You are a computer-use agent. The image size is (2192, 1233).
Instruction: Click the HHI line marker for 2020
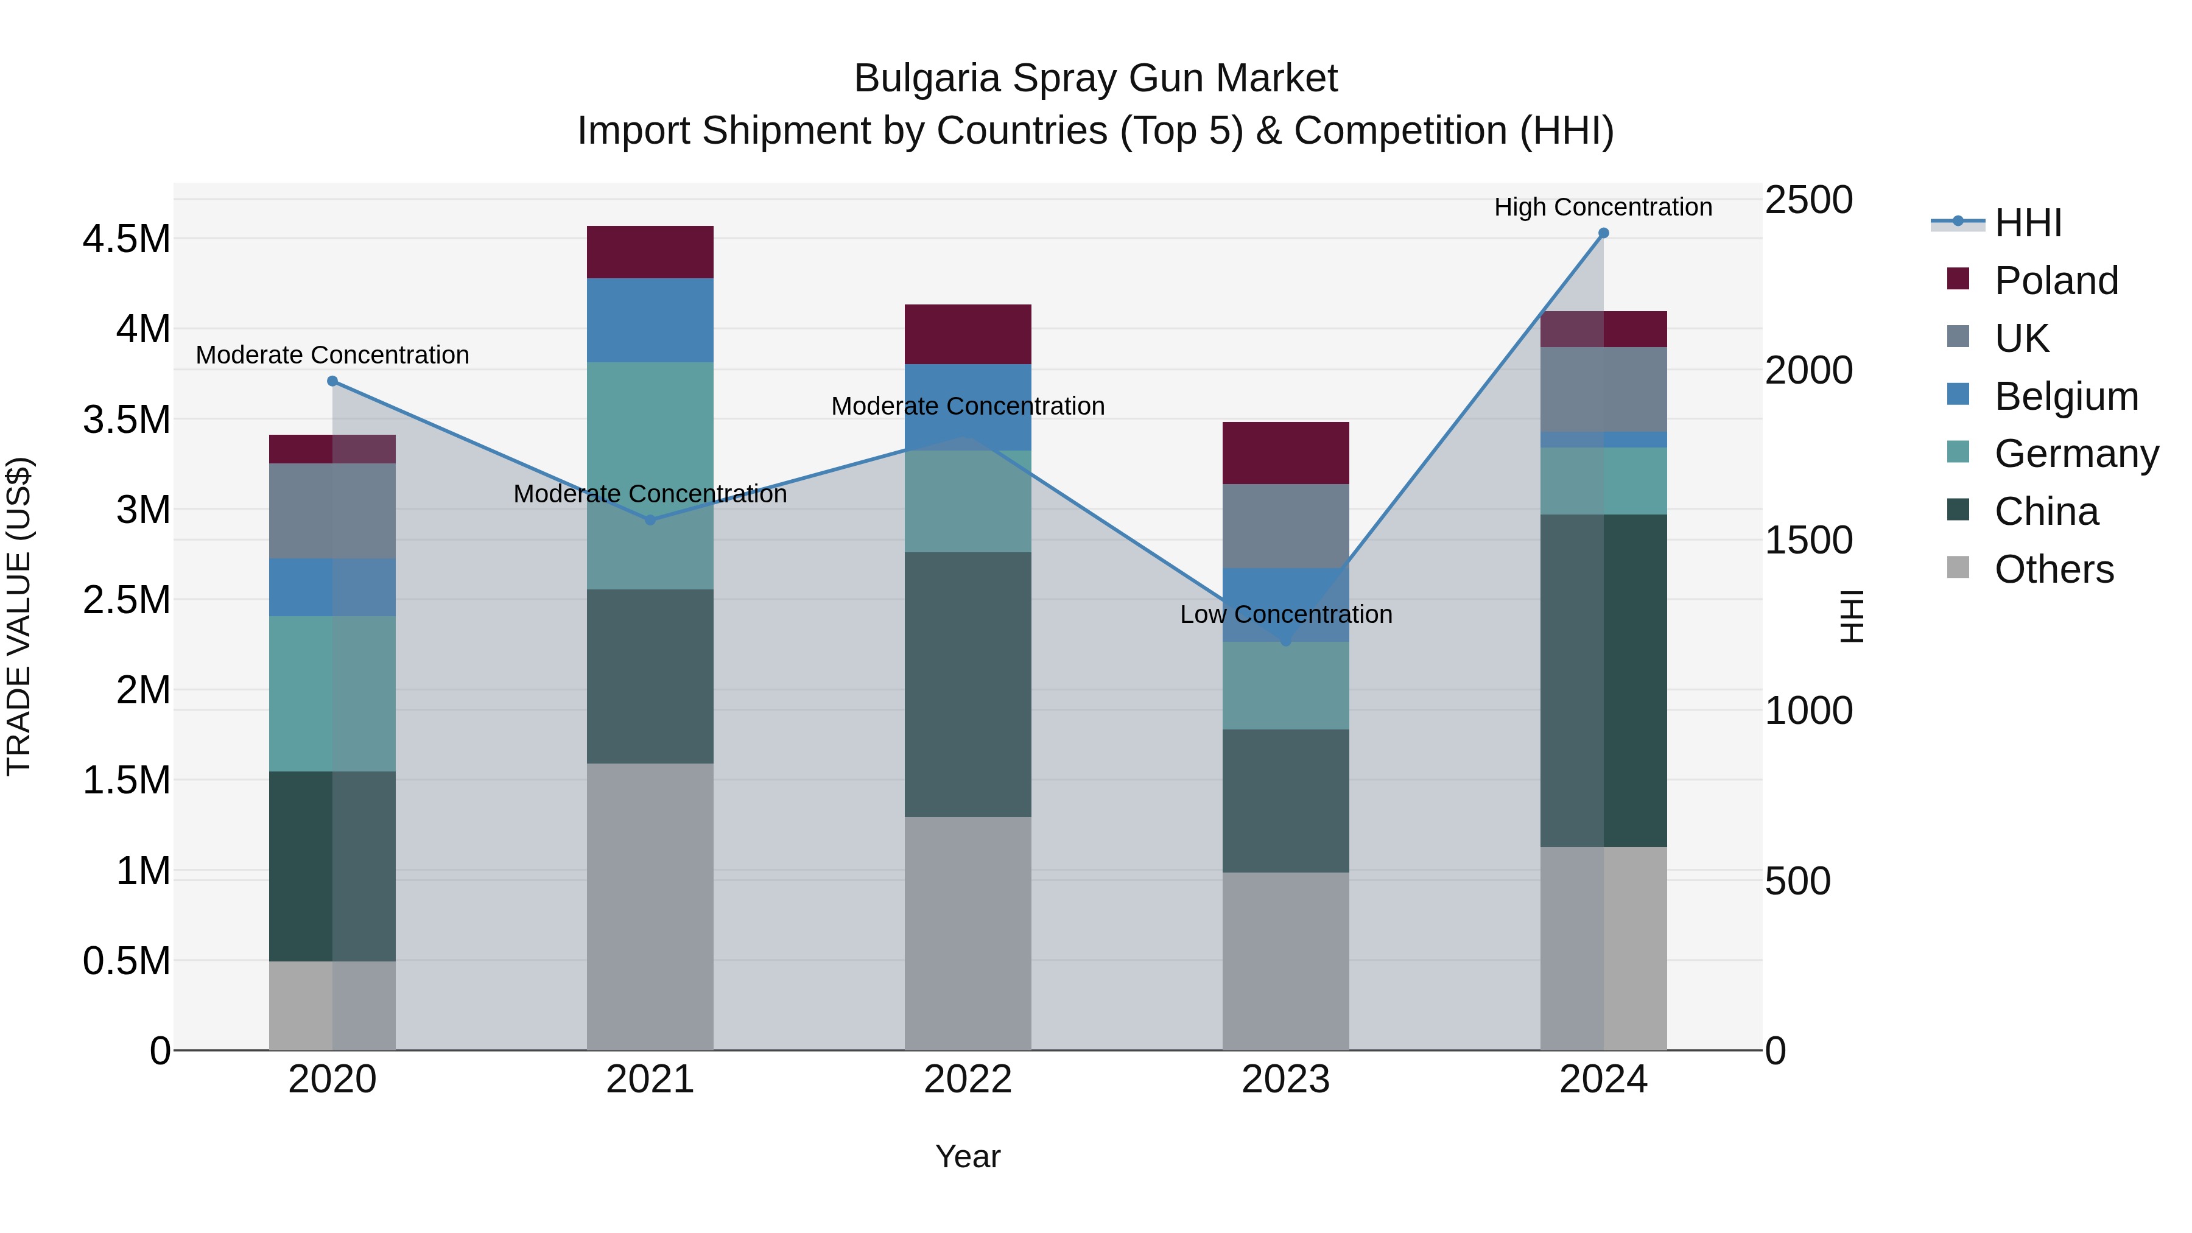coord(332,381)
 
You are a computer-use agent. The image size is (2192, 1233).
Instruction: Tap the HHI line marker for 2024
coord(1603,233)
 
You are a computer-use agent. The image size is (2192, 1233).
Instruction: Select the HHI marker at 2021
coord(650,520)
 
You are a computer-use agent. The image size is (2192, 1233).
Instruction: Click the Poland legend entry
coord(2056,281)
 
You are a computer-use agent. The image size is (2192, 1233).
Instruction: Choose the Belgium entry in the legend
coord(2066,396)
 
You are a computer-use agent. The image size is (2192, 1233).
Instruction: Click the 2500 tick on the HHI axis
coord(1808,201)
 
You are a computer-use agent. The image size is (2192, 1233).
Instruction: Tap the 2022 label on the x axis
coord(968,1080)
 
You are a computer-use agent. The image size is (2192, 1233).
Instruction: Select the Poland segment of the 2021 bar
coord(650,252)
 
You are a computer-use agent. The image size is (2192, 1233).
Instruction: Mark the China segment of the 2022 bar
coord(968,684)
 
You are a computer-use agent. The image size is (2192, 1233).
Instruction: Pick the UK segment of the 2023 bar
coord(1286,526)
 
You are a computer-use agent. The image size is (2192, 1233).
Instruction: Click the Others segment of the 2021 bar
coord(650,906)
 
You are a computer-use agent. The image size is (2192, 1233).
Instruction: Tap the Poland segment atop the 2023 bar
coord(1286,452)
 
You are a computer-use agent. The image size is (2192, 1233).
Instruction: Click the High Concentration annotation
coord(1603,207)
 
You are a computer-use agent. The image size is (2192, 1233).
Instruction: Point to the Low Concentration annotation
coord(1286,614)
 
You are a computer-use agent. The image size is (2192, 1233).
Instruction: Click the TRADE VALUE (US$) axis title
coord(19,616)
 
